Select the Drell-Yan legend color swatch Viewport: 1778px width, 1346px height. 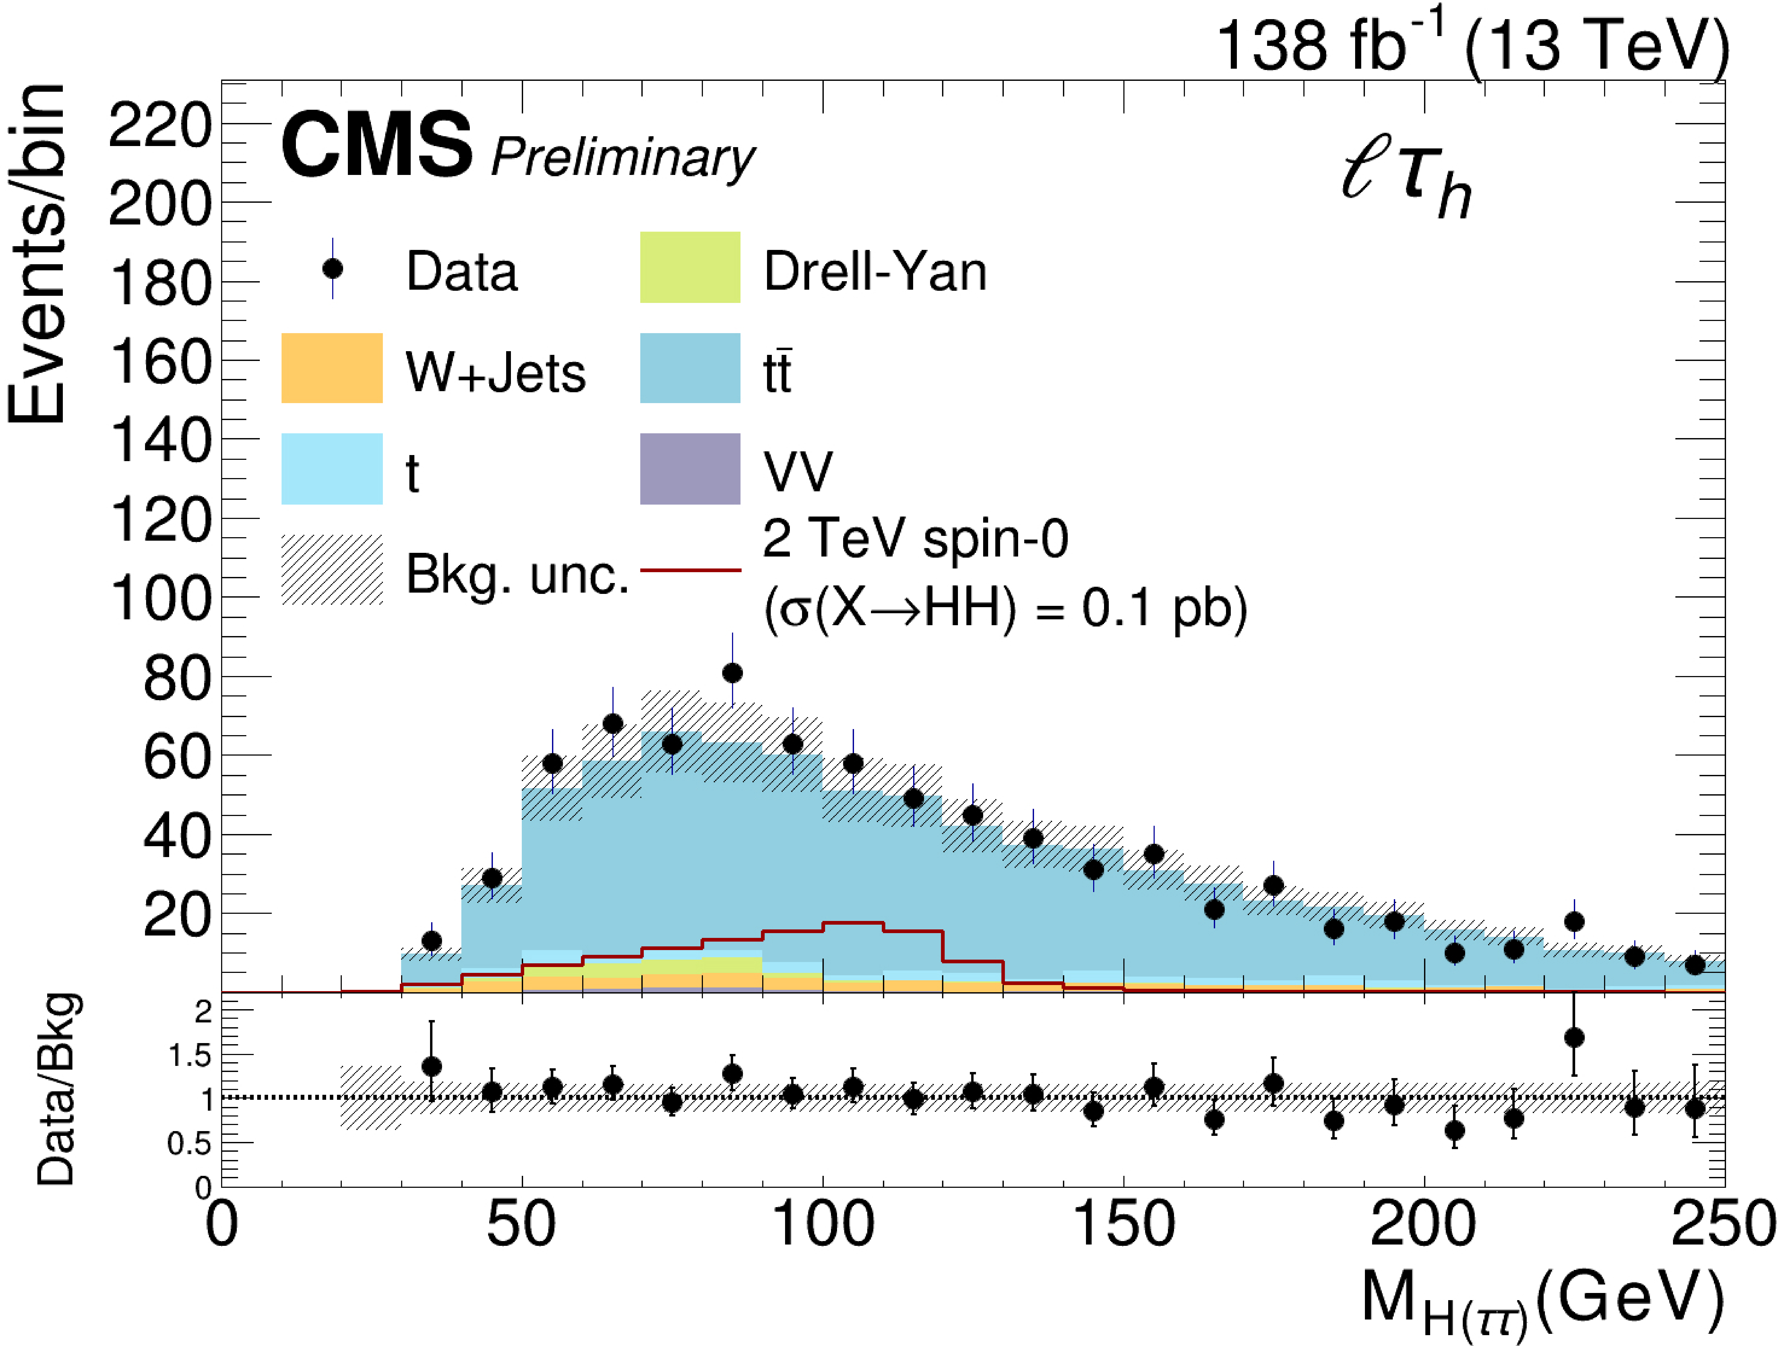[690, 268]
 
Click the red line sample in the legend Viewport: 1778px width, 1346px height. [690, 570]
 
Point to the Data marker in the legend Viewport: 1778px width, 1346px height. [332, 268]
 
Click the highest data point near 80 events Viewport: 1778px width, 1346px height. [731, 673]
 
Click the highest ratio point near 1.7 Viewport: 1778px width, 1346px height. [1574, 1037]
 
